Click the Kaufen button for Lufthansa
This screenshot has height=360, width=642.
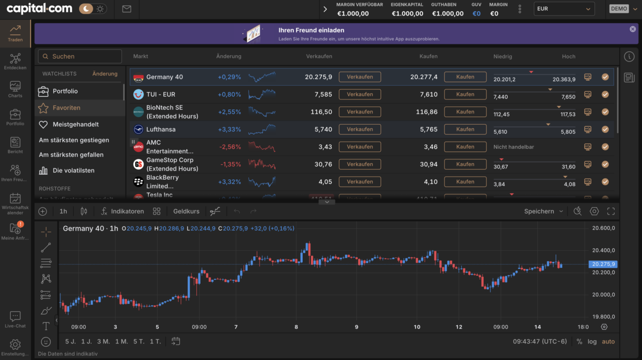[x=465, y=129]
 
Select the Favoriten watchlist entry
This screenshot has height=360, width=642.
[x=66, y=108]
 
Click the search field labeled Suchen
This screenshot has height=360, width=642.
[x=80, y=56]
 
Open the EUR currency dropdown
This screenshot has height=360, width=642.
[x=564, y=9]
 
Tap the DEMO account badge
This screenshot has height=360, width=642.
[x=618, y=9]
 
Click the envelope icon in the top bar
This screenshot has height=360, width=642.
[x=127, y=9]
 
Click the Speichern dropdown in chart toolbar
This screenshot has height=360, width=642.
[x=543, y=211]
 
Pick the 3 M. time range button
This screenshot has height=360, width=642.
[x=103, y=341]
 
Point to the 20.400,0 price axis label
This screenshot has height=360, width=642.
[x=603, y=250]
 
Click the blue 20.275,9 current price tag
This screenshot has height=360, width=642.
[x=603, y=264]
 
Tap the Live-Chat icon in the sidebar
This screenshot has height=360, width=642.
[x=15, y=319]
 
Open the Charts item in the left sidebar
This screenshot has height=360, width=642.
[x=15, y=89]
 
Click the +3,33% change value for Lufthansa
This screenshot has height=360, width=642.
[x=229, y=129]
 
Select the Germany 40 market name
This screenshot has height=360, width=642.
[x=164, y=77]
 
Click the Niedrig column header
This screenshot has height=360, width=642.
[x=502, y=56]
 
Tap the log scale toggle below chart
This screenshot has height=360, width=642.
[x=592, y=341]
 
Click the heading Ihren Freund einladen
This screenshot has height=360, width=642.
[x=311, y=30]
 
